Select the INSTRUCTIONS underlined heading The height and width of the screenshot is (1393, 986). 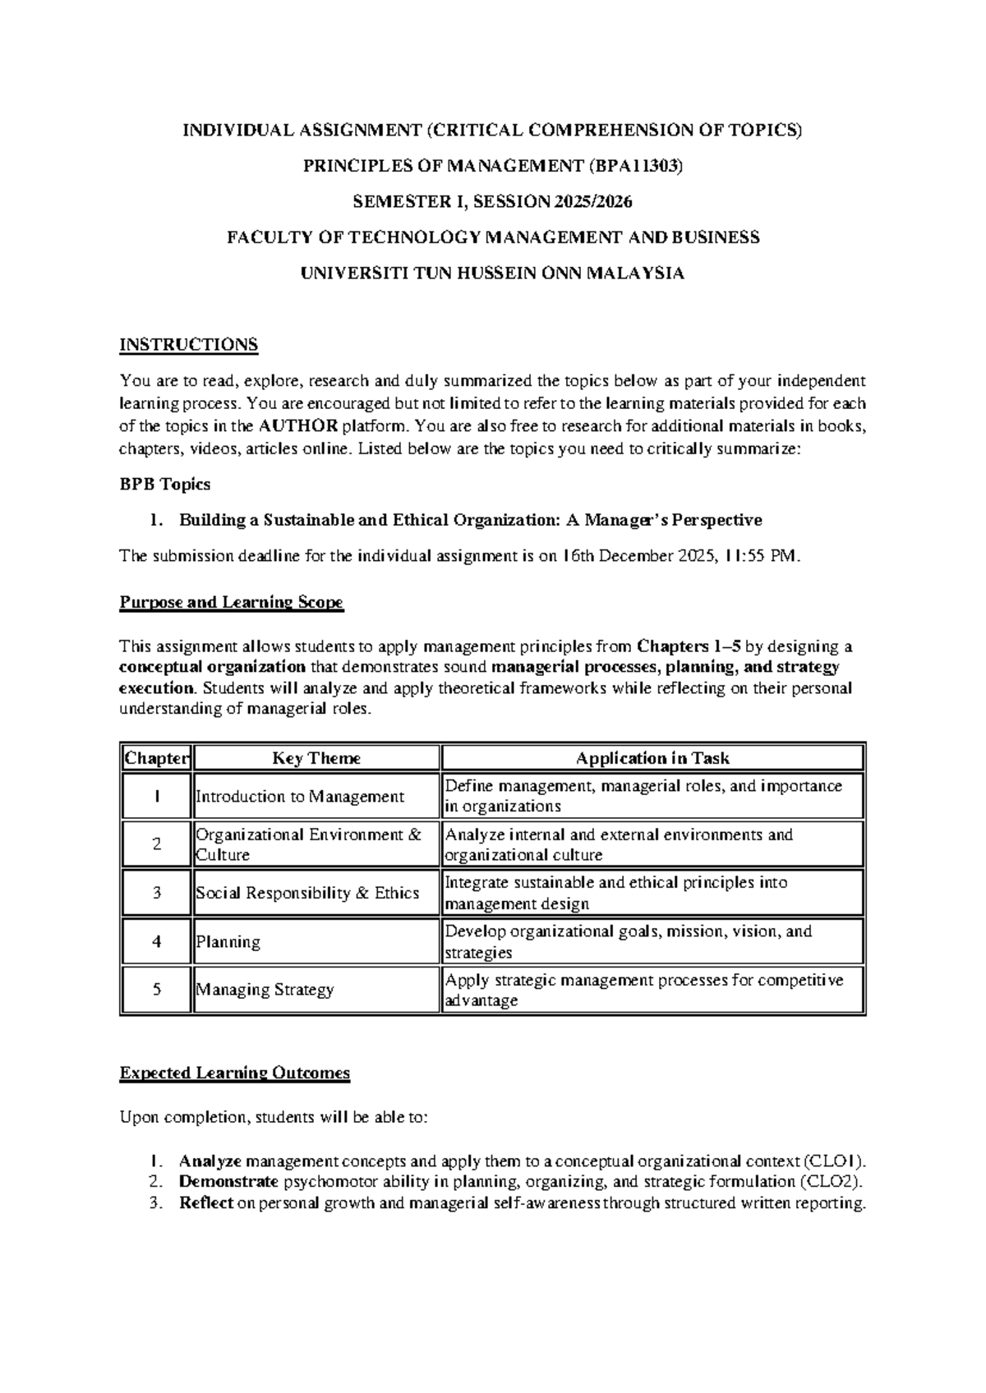pyautogui.click(x=189, y=345)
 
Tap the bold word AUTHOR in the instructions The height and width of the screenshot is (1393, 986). pyautogui.click(x=297, y=426)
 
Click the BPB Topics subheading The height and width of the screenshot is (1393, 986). pyautogui.click(x=165, y=485)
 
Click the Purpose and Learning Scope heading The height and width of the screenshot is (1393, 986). pyautogui.click(x=232, y=603)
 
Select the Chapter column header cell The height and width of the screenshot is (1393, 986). pyautogui.click(x=156, y=758)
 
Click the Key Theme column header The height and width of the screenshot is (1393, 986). pyautogui.click(x=316, y=758)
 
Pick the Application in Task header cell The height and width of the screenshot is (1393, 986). pyautogui.click(x=652, y=758)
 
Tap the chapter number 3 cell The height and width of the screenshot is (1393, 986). pyautogui.click(x=156, y=893)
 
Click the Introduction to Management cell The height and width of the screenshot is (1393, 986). pyautogui.click(x=300, y=797)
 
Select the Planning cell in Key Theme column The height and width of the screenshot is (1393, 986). pyautogui.click(x=228, y=942)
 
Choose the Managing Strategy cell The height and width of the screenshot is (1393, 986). pyautogui.click(x=265, y=990)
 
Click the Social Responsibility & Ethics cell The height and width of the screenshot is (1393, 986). pyautogui.click(x=307, y=894)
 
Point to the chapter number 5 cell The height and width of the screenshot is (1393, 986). pyautogui.click(x=156, y=990)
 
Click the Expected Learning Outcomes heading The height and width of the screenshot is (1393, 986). pyautogui.click(x=235, y=1073)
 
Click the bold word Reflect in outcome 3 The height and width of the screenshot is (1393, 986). pyautogui.click(x=205, y=1204)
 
